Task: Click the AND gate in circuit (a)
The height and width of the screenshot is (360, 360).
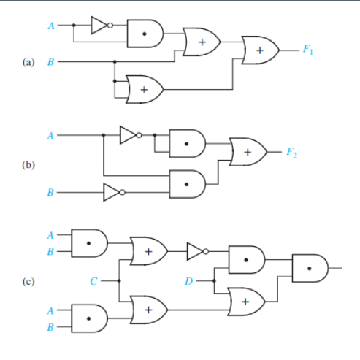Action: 146,33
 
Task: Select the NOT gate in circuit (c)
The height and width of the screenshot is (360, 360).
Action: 196,251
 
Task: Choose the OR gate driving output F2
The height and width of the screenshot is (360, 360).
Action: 248,152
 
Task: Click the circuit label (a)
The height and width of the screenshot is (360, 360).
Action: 31,63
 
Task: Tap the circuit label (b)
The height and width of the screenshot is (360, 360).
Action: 31,165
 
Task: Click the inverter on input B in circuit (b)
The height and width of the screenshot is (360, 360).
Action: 112,193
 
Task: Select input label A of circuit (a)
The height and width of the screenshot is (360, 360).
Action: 51,26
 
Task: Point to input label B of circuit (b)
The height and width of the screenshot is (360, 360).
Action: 51,194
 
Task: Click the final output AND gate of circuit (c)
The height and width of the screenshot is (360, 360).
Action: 310,268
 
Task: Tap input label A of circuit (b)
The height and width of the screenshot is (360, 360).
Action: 51,135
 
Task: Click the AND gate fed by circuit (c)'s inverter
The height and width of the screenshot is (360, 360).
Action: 247,258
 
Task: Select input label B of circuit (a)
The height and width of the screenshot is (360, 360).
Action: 51,63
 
